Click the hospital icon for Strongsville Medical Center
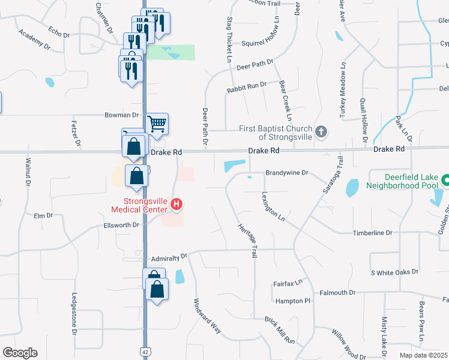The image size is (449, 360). coord(176,205)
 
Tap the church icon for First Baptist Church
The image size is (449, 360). coord(322,131)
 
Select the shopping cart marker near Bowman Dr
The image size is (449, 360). coord(157,124)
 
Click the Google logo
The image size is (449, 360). coord(20,353)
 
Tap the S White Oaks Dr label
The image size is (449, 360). coord(394,272)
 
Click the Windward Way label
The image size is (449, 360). coord(207,316)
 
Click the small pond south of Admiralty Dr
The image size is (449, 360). coord(180,277)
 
